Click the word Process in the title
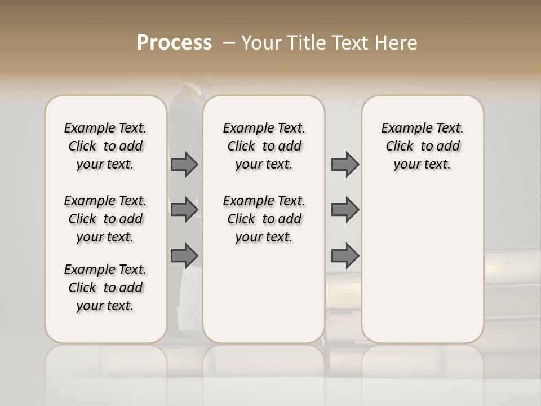[174, 43]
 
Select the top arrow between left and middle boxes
[184, 165]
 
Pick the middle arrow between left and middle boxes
[184, 210]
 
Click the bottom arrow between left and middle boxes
[184, 255]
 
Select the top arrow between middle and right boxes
[345, 165]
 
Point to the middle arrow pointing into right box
[345, 210]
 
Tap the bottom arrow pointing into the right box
[345, 255]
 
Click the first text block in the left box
[105, 146]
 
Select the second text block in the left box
[105, 219]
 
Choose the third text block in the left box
[105, 288]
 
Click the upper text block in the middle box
[264, 146]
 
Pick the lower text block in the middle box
[264, 219]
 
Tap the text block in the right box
[423, 146]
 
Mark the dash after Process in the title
[229, 43]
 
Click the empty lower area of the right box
[423, 265]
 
